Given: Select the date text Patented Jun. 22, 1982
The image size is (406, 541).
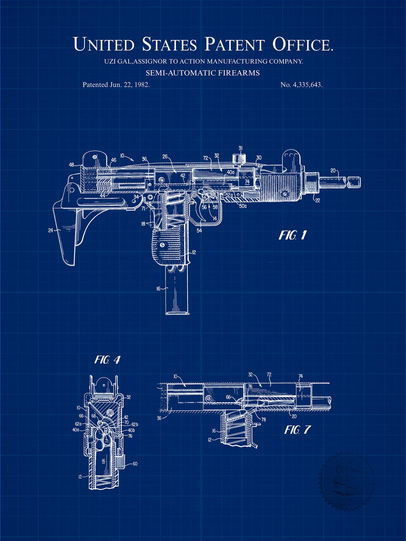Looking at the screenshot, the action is [x=116, y=85].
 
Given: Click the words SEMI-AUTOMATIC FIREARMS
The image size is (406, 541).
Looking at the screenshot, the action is [x=203, y=73].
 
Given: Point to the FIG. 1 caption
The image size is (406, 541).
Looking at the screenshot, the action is [x=293, y=235].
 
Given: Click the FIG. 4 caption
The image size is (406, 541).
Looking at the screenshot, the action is [x=107, y=360].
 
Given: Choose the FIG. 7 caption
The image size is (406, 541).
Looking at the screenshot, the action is [x=298, y=430].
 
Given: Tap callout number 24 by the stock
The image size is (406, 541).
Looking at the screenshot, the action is [x=51, y=230].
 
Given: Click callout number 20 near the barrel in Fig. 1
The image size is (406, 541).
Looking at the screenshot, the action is [x=333, y=171].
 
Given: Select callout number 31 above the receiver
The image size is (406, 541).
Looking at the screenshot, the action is [x=240, y=148].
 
